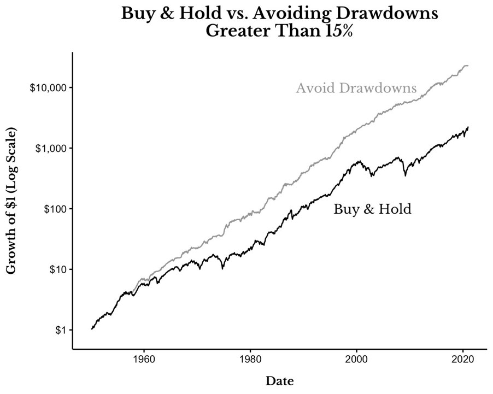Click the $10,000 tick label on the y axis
49,88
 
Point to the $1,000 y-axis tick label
51,149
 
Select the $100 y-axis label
56,209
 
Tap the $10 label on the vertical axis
58,270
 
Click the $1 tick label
62,330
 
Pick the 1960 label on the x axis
144,359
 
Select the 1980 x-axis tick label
250,359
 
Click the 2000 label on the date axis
356,359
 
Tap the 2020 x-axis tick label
463,359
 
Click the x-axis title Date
280,381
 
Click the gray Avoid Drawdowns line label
356,88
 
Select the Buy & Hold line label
372,209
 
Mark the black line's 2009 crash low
406,176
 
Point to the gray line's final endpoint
468,66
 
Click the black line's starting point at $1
91,329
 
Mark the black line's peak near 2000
359,161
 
